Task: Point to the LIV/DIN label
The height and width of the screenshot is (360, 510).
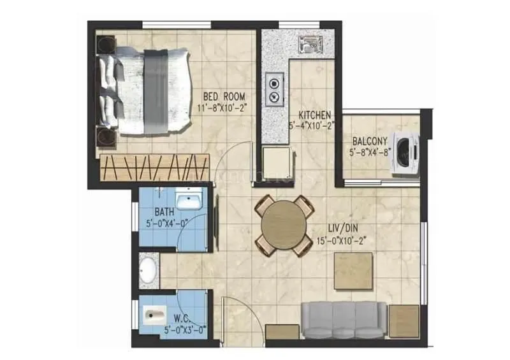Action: (332, 230)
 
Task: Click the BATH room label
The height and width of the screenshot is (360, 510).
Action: (163, 212)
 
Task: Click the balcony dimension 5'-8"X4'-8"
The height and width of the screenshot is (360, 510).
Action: (370, 152)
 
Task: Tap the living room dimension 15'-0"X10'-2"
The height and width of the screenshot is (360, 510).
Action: (342, 241)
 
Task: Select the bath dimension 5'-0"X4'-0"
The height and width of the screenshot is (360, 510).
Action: (168, 223)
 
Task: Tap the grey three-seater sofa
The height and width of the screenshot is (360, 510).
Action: (344, 320)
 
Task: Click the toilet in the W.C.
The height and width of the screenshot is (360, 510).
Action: (155, 315)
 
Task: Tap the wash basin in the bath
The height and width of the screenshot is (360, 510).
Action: (189, 202)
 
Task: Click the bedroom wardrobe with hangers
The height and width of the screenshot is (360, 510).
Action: (154, 167)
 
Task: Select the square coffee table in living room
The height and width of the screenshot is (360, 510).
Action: (353, 271)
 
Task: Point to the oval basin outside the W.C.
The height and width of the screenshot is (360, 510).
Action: (149, 270)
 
